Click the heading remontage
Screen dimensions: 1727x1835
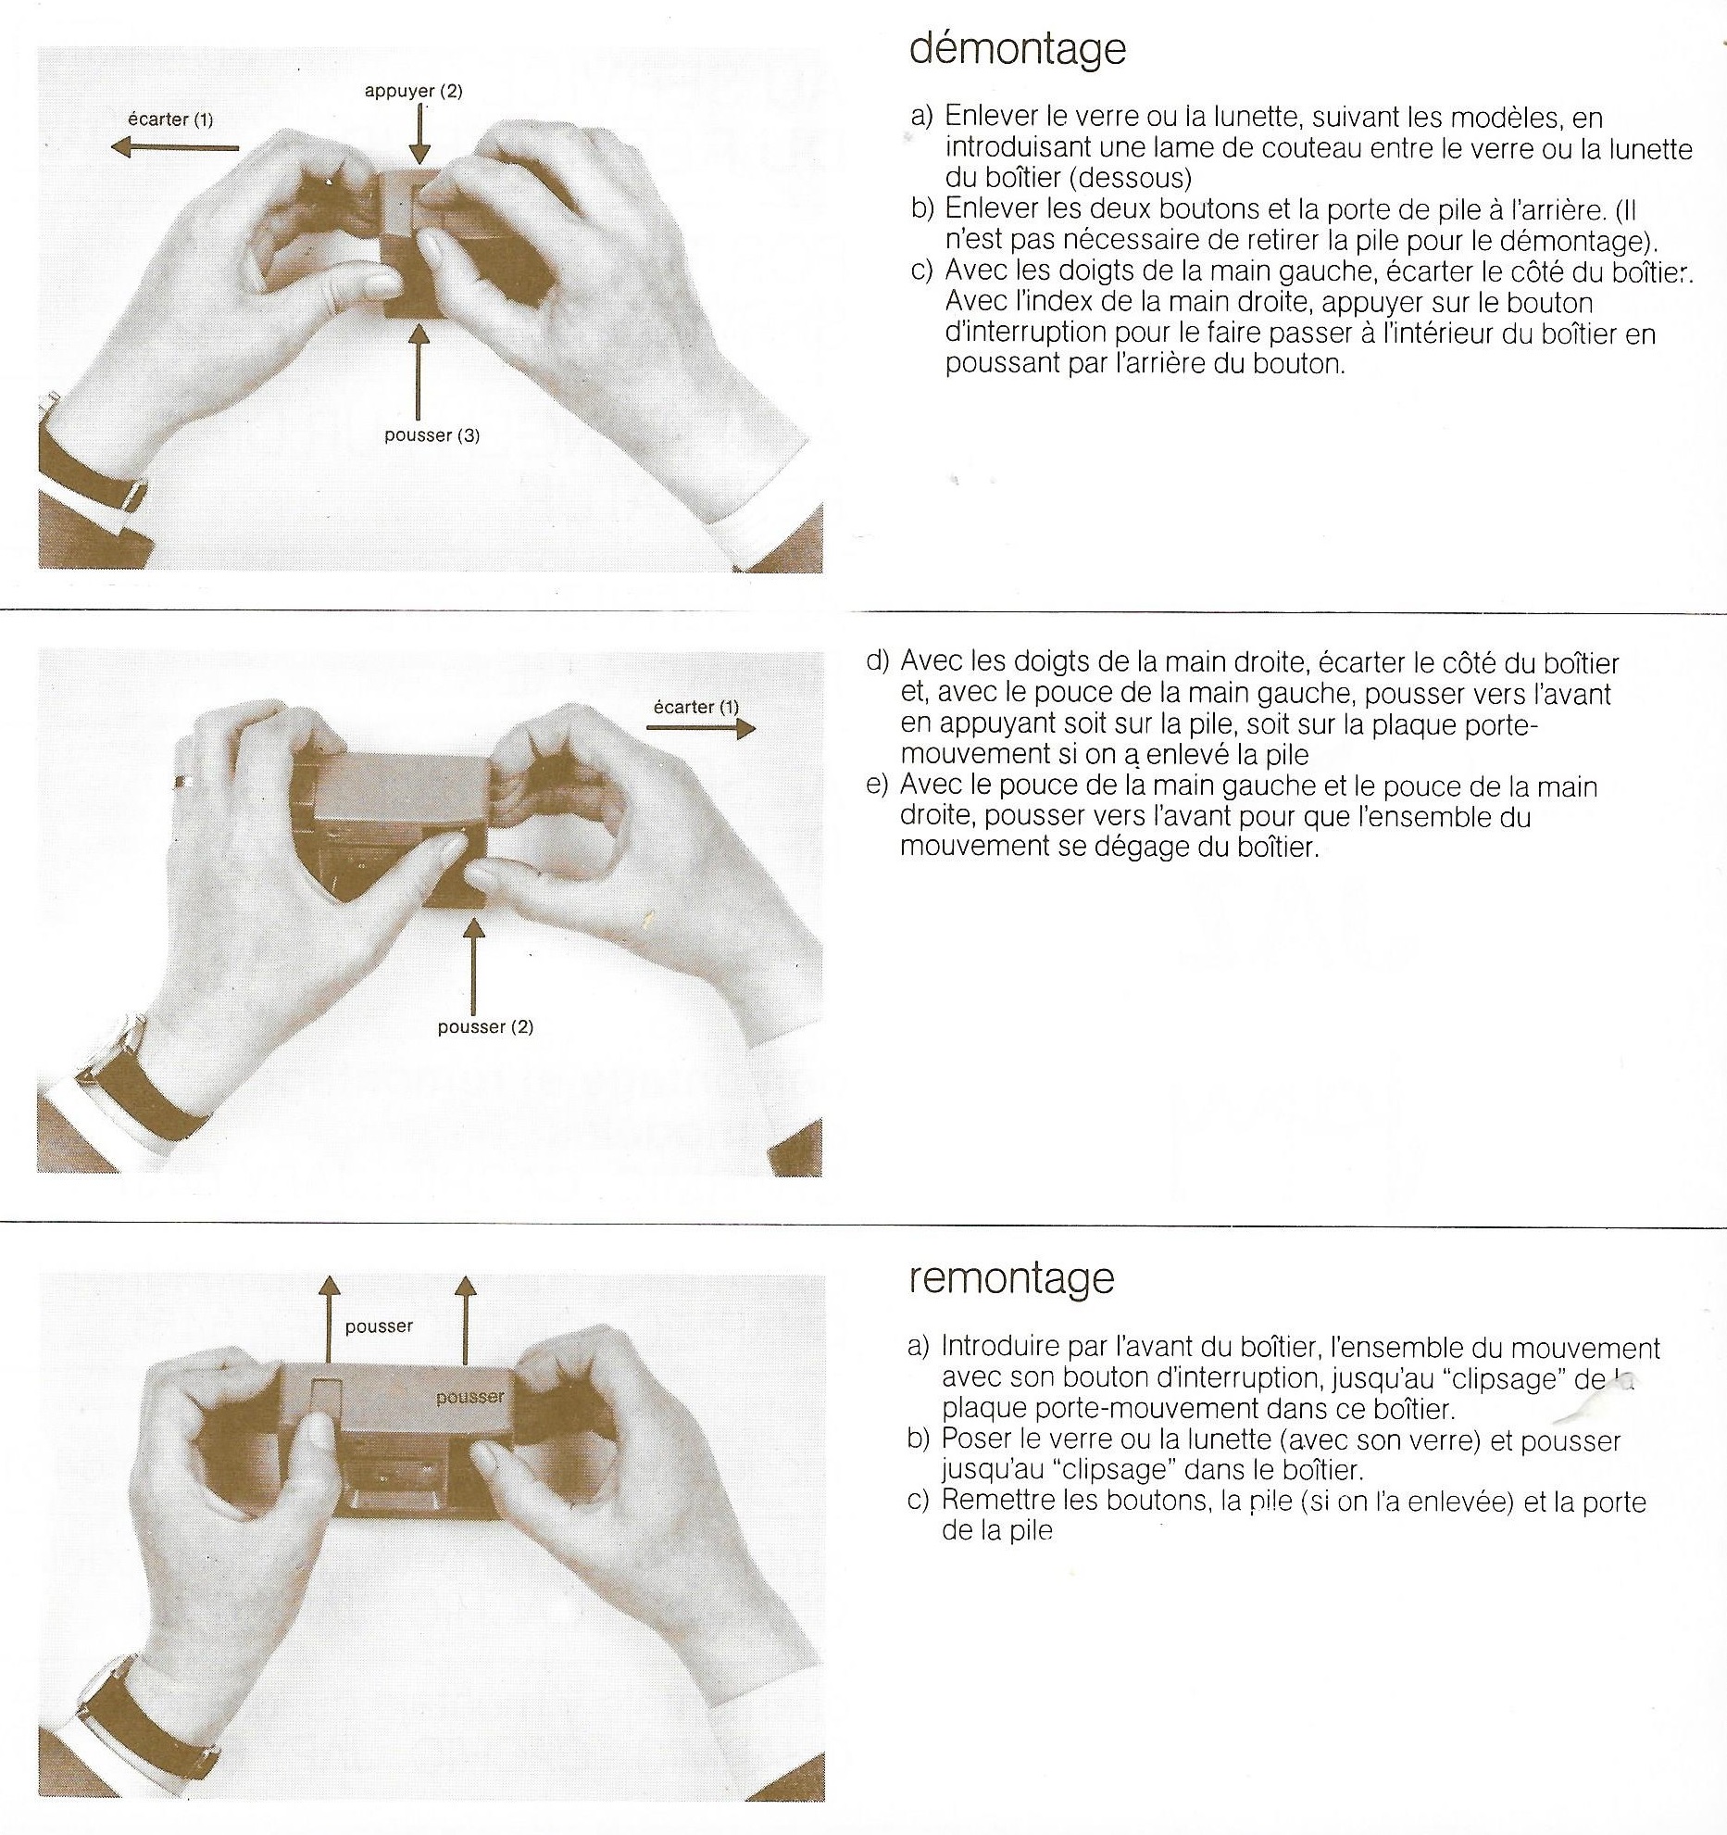point(1011,1279)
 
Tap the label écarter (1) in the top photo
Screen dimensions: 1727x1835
point(170,119)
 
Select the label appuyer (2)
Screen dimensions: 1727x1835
point(414,91)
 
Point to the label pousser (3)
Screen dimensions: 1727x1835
point(432,435)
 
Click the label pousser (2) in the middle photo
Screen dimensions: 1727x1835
point(485,1026)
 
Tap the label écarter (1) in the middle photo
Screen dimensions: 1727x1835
point(696,707)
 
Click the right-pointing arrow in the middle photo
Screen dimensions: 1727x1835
point(701,729)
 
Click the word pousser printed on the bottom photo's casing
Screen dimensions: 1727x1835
point(470,1396)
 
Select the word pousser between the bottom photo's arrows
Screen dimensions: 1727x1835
point(379,1326)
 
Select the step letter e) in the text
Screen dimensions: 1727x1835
point(877,786)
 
